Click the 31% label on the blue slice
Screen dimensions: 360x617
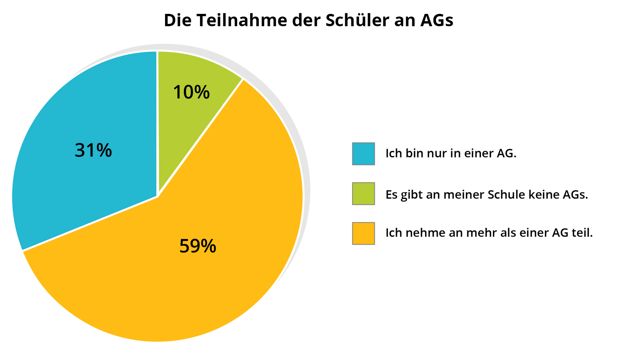coord(93,150)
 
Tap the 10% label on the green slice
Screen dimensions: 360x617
coord(191,93)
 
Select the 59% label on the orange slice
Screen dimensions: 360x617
coord(198,246)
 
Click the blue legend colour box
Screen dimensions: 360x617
coord(363,154)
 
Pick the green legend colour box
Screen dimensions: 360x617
coord(363,193)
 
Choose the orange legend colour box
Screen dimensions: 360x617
coord(363,233)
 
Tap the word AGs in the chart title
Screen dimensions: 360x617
coord(437,20)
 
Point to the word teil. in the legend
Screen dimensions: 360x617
coord(582,233)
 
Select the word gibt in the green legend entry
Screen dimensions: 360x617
coord(411,195)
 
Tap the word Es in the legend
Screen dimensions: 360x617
coord(391,195)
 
